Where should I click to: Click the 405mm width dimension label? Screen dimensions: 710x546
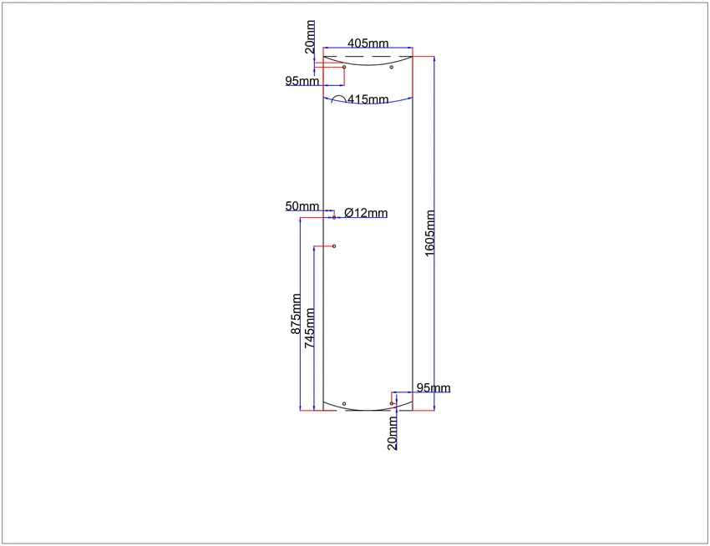click(368, 43)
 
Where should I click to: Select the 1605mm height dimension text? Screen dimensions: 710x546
click(429, 233)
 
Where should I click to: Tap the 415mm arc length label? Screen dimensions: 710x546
click(368, 99)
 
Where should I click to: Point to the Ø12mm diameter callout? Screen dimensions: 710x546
click(365, 212)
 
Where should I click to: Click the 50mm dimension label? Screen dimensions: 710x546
click(302, 206)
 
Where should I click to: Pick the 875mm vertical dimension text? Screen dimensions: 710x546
click(296, 314)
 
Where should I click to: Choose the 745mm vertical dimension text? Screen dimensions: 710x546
click(309, 328)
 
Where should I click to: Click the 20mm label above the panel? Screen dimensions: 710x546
click(310, 37)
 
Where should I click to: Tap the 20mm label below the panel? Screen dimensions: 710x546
click(392, 433)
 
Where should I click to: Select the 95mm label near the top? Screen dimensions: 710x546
click(302, 81)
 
